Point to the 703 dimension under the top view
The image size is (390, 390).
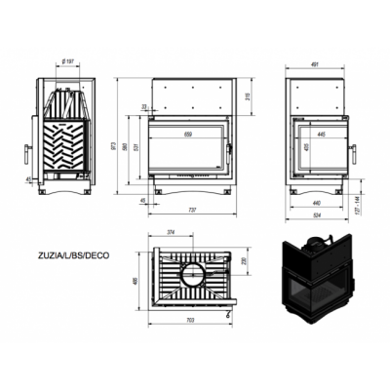point(189,321)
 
